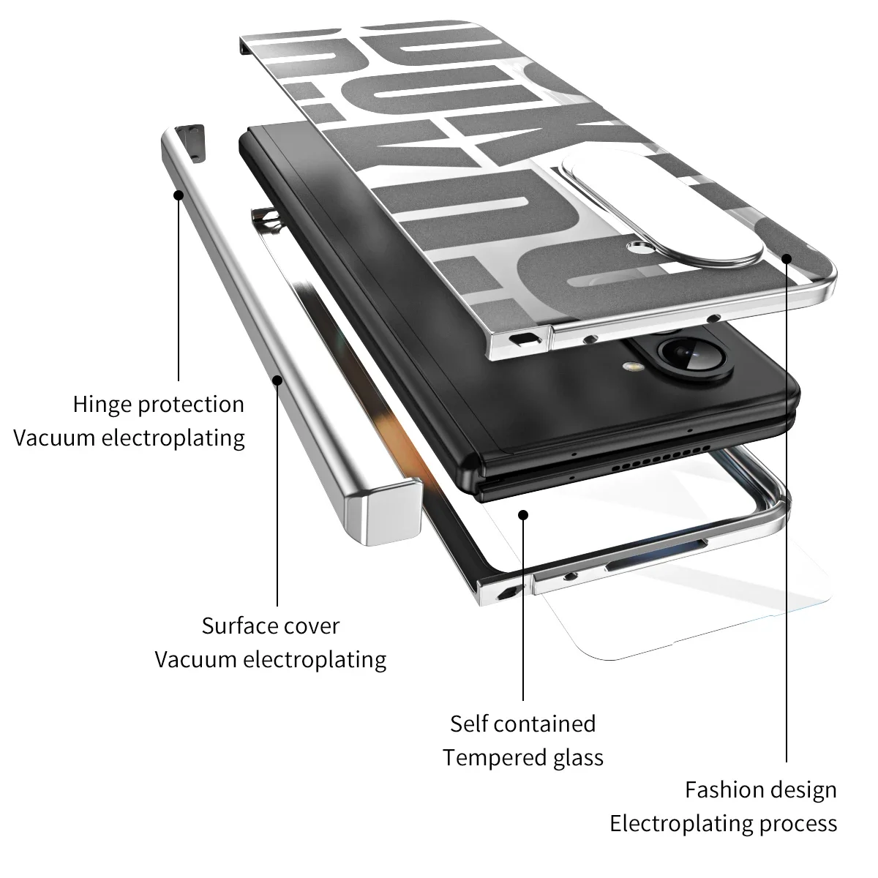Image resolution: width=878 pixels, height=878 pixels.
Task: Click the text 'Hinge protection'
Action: coord(158,404)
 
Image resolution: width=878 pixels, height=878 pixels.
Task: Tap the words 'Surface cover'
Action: coord(270,626)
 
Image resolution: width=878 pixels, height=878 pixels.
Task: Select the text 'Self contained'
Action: coord(522,724)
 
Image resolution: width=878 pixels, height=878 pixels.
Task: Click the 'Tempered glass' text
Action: coord(522,757)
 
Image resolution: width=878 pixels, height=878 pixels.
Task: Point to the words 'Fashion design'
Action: coord(760,790)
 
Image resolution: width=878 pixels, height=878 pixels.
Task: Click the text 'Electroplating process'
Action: coord(723,824)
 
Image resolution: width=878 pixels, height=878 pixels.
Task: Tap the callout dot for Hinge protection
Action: coord(179,195)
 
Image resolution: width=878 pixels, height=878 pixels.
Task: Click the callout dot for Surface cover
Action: coord(277,379)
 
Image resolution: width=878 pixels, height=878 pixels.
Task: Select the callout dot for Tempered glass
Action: coord(523,514)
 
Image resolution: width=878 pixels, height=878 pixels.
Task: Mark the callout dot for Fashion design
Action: coord(787,258)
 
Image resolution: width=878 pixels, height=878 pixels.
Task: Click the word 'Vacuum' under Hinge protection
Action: coord(55,438)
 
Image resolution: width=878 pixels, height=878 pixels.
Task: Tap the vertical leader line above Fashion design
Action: coord(787,512)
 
